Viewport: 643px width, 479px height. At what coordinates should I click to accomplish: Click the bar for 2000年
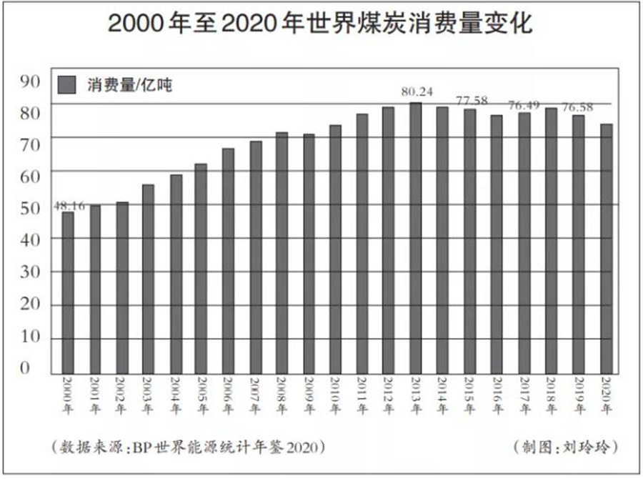[x=68, y=293]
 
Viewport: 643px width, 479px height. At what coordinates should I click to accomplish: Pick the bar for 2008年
[x=281, y=253]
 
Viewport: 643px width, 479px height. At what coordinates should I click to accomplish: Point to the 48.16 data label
[x=69, y=206]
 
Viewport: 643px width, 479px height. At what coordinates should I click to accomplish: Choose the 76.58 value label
[x=579, y=107]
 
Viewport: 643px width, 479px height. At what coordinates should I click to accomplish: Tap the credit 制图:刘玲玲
[x=565, y=448]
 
